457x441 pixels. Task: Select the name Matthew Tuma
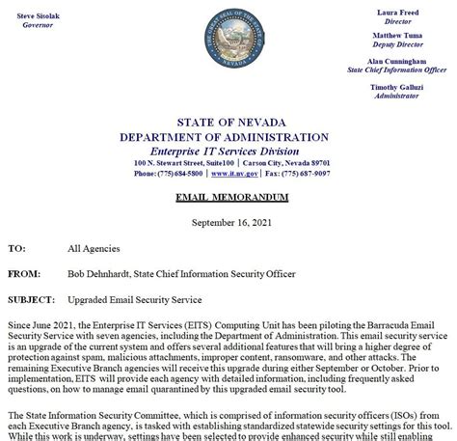point(398,35)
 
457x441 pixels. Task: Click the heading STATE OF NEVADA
point(231,123)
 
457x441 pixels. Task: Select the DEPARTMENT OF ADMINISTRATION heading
point(231,137)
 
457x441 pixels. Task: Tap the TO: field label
point(16,248)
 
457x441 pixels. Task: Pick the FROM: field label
point(23,274)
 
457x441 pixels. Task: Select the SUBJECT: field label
point(31,300)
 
